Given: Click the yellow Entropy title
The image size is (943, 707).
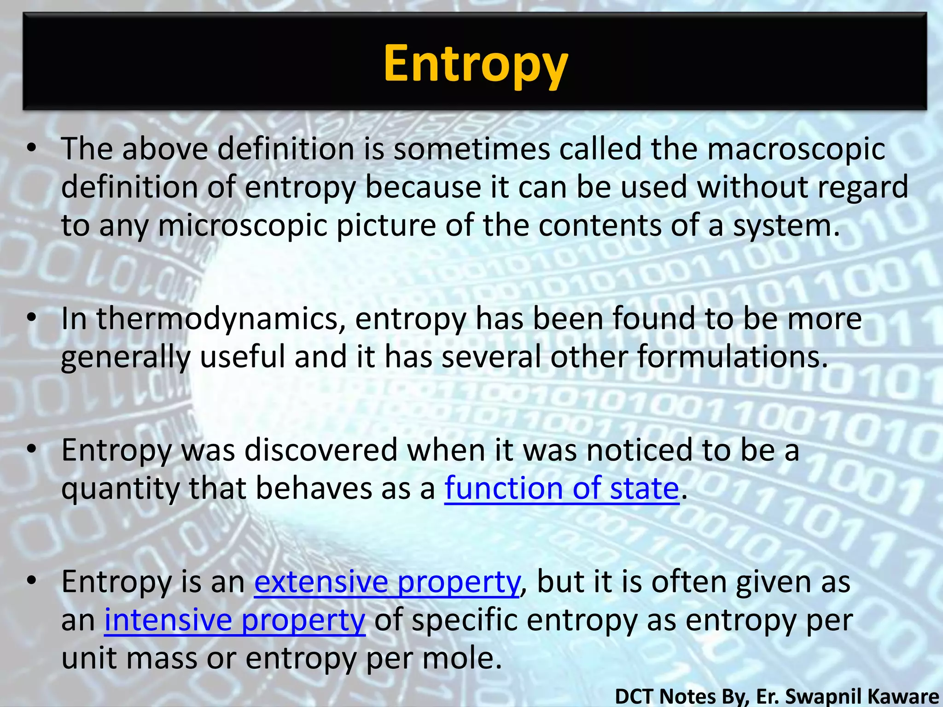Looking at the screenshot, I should click(x=476, y=64).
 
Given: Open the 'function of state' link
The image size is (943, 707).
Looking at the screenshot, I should click(x=561, y=488).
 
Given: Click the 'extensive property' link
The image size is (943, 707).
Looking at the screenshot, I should click(x=387, y=582).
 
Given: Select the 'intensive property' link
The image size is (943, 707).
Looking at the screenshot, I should click(x=235, y=620).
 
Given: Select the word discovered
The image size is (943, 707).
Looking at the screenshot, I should click(x=321, y=450).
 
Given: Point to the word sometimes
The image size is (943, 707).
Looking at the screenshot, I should click(x=471, y=149).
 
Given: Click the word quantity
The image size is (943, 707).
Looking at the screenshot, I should click(x=120, y=488).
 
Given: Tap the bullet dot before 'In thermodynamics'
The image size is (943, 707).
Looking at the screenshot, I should click(x=31, y=318).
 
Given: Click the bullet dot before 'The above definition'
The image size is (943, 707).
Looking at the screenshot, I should click(x=31, y=148).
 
